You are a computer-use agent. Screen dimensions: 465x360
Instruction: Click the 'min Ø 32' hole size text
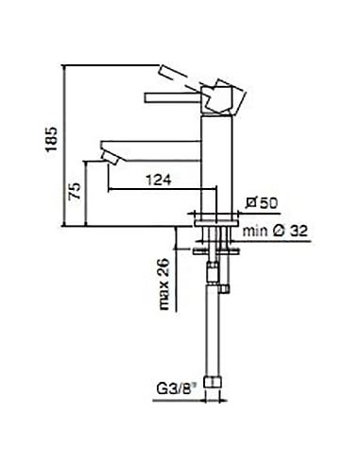pyautogui.click(x=277, y=229)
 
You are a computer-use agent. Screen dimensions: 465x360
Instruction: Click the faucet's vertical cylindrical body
pyautogui.click(x=216, y=161)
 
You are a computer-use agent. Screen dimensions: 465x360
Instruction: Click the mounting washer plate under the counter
pyautogui.click(x=215, y=251)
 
